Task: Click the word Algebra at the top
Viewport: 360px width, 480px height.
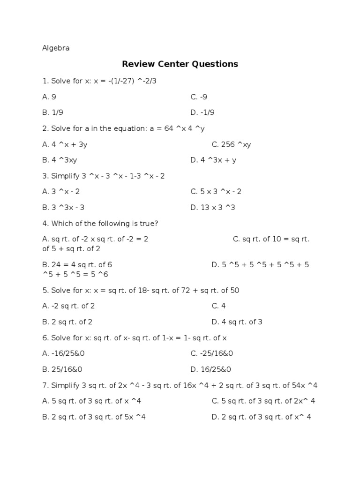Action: click(56, 48)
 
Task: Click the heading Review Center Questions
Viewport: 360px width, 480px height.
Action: click(180, 64)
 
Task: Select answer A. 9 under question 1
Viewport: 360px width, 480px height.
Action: click(49, 97)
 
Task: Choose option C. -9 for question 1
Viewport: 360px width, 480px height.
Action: click(199, 97)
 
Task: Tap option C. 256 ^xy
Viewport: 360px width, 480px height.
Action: click(231, 144)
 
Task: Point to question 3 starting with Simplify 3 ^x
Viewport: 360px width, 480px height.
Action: click(104, 176)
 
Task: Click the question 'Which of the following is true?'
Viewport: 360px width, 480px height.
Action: click(100, 223)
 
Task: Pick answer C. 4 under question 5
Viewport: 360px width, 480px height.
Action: click(218, 306)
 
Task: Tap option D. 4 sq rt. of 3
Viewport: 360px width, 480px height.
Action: click(237, 322)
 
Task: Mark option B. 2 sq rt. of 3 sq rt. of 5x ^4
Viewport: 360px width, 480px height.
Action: click(94, 417)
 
